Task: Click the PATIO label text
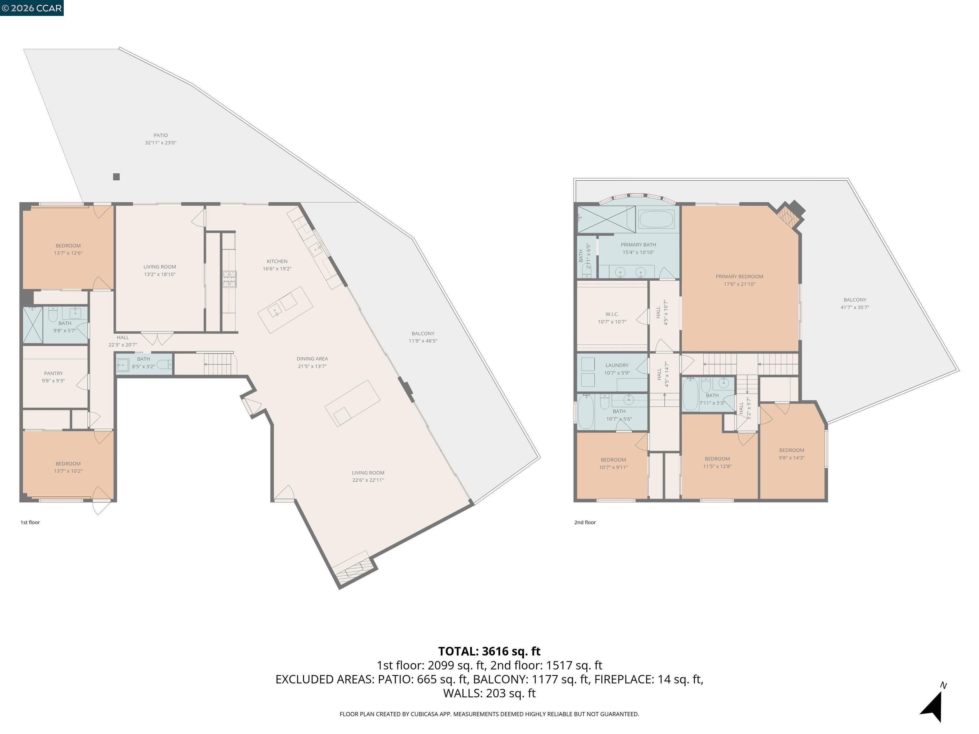[161, 135]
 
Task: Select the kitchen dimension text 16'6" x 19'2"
[277, 269]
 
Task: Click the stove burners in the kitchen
[229, 279]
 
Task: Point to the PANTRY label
[54, 373]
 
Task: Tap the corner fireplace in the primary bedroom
[790, 215]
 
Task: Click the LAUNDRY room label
[617, 365]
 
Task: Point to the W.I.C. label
[612, 314]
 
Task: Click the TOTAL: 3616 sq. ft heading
[489, 651]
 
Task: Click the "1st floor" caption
[30, 522]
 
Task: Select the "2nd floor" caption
[585, 522]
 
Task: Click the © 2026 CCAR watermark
[32, 8]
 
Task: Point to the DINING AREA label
[312, 359]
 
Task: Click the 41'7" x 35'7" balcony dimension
[855, 307]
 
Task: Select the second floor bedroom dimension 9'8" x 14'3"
[792, 458]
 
